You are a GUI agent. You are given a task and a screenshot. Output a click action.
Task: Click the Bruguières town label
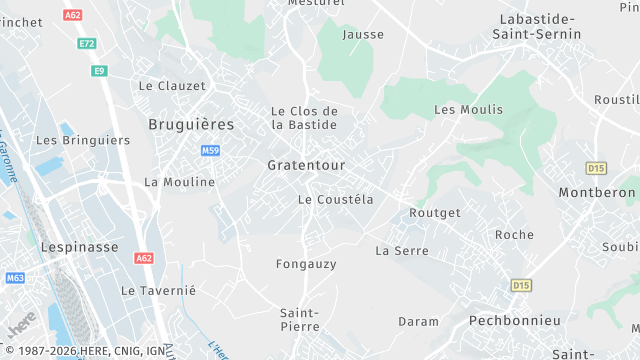(x=191, y=125)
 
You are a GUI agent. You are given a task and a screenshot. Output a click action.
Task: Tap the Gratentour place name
(x=307, y=164)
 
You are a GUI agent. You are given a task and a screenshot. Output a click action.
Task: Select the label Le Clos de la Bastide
(x=305, y=118)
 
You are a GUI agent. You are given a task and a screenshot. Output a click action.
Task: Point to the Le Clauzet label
(x=172, y=86)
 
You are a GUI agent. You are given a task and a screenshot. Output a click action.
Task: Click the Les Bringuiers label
(x=83, y=141)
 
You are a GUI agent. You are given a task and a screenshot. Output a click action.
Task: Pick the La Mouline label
(x=179, y=182)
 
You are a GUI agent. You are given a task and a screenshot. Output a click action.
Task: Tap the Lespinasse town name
(x=79, y=245)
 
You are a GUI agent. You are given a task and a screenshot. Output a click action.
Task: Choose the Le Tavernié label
(x=159, y=290)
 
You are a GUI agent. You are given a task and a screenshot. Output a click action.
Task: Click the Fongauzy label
(x=306, y=264)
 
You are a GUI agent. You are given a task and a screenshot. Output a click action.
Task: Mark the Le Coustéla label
(x=336, y=200)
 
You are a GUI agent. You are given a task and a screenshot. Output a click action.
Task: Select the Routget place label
(x=435, y=213)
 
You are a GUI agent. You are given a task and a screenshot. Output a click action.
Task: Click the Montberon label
(x=597, y=192)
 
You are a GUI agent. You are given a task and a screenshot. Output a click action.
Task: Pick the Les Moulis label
(x=469, y=109)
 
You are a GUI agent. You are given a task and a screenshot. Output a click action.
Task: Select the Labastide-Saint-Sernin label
(x=537, y=27)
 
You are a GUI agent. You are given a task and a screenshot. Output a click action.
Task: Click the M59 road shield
(x=210, y=151)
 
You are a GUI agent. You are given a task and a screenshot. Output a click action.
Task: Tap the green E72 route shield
(x=86, y=43)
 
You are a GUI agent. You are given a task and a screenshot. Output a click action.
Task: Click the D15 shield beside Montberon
(x=596, y=169)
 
